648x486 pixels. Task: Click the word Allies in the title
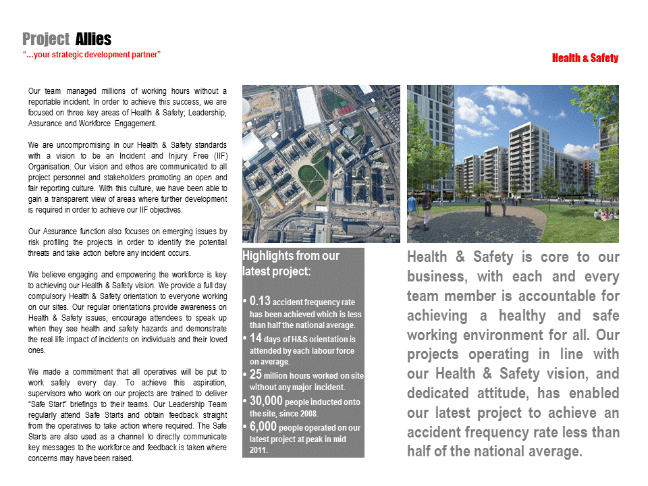[93, 39]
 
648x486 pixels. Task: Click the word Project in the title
[46, 39]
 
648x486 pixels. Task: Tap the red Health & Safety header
[585, 58]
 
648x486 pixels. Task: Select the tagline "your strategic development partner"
[92, 54]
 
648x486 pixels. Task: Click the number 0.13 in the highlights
[260, 302]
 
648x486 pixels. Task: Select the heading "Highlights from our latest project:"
[291, 263]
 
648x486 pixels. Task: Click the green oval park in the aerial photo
[315, 167]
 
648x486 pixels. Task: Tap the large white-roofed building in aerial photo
[308, 107]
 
